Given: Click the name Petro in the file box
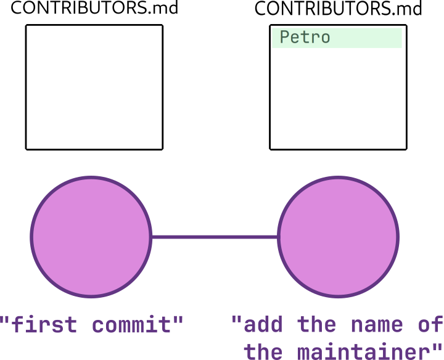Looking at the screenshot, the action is (305, 37).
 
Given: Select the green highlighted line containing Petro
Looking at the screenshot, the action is (337, 38).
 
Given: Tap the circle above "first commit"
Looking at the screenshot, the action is (91, 237).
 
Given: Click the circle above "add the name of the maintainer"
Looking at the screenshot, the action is (338, 237).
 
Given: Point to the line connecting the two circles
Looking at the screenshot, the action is (215, 237).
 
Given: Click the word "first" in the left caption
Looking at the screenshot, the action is (44, 324).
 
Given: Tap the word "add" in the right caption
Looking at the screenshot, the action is (263, 324).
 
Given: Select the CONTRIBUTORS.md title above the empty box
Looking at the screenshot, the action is (94, 8).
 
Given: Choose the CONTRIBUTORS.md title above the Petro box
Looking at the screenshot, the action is (338, 8).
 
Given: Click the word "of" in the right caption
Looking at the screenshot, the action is (430, 324).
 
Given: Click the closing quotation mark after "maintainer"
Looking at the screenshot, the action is (437, 347).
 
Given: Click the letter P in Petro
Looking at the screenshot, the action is (284, 37).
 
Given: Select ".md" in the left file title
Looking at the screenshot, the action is (163, 9).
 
